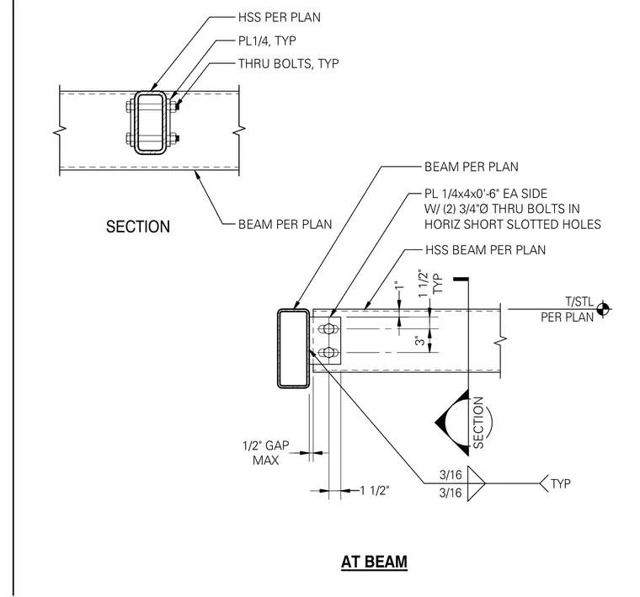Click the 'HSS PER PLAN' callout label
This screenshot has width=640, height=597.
click(280, 17)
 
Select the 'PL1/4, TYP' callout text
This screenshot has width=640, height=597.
click(267, 40)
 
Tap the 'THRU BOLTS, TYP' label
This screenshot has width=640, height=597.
click(289, 64)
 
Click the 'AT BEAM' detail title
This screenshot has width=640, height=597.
click(374, 562)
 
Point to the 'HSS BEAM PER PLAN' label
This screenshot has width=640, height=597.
click(485, 250)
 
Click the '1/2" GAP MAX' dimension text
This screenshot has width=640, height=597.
click(266, 452)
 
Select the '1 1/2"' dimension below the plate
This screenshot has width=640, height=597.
click(375, 490)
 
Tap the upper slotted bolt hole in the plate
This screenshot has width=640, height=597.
click(328, 328)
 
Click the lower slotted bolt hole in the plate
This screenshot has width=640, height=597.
click(328, 352)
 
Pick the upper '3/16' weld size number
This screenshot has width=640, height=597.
click(451, 475)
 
